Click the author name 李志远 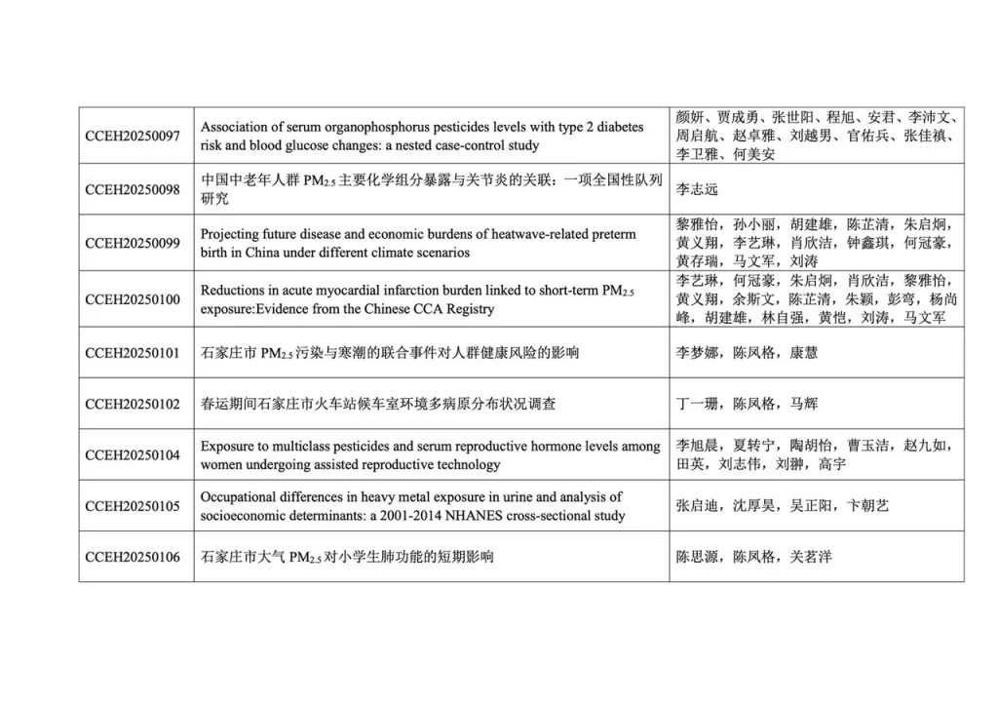[x=697, y=189]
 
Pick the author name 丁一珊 [x=697, y=404]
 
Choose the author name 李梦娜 [x=697, y=352]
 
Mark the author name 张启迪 [x=697, y=506]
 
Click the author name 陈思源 [x=697, y=557]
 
